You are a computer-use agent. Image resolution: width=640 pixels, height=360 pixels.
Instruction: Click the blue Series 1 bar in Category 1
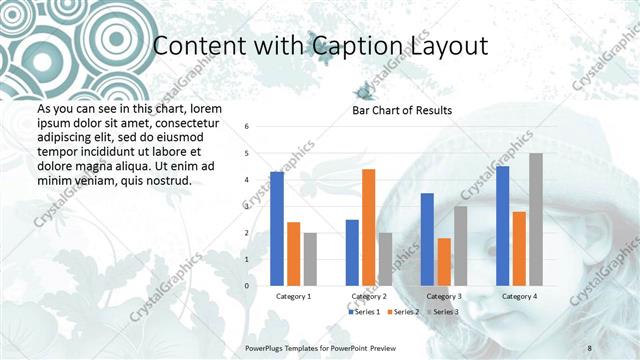click(277, 229)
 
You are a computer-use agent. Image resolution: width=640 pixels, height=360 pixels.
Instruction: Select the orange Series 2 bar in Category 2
click(368, 227)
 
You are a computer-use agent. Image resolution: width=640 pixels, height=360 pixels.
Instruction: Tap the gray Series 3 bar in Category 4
click(536, 219)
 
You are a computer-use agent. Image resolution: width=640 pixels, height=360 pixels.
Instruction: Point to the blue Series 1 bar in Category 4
click(502, 226)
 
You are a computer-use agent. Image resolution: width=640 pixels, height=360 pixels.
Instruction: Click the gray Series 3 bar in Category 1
click(310, 259)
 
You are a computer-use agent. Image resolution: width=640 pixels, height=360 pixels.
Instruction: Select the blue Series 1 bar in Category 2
click(352, 252)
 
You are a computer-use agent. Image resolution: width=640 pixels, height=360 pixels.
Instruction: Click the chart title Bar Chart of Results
click(402, 110)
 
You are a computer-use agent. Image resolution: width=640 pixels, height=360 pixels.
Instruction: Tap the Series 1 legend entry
click(365, 312)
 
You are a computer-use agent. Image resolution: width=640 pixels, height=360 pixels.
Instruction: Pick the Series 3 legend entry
click(444, 312)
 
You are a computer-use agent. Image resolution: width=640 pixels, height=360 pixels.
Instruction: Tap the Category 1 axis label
click(293, 296)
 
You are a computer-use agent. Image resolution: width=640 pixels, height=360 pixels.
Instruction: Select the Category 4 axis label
click(519, 296)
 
